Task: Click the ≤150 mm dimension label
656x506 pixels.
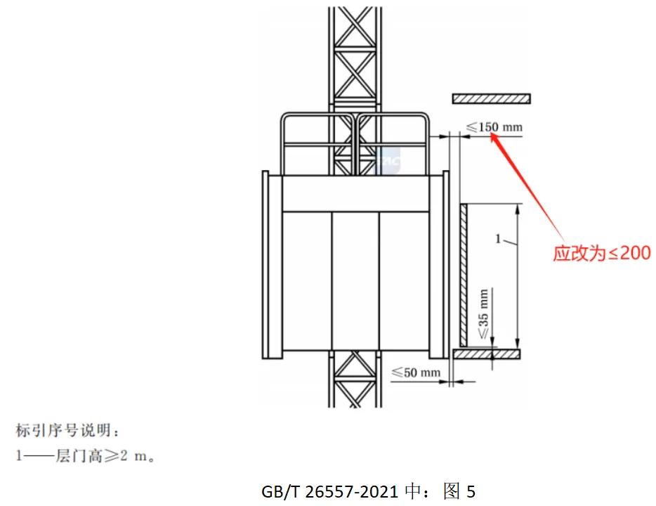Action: [x=494, y=127]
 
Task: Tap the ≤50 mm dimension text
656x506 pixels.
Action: [x=416, y=372]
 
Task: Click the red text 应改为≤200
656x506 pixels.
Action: [x=601, y=253]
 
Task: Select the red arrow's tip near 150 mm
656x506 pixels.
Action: [x=492, y=135]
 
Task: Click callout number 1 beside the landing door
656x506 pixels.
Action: [x=498, y=239]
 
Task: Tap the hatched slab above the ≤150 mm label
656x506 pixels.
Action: [x=491, y=98]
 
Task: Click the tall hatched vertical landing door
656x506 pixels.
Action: [x=464, y=274]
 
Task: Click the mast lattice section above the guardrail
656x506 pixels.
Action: [x=354, y=56]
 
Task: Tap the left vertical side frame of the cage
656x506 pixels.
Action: [x=265, y=264]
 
